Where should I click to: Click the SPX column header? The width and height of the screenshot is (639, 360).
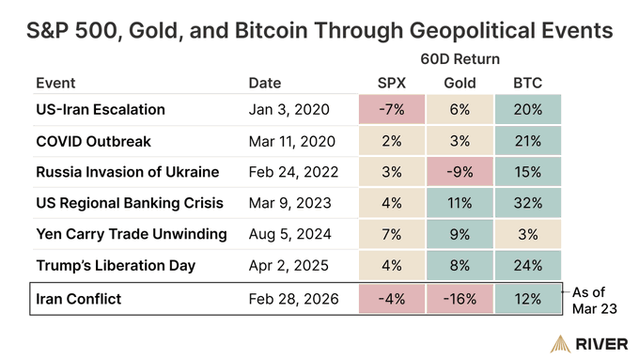[391, 84]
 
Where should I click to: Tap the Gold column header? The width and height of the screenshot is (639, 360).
[460, 84]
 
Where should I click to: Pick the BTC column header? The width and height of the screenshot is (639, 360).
[527, 84]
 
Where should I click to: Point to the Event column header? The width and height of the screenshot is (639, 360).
[55, 84]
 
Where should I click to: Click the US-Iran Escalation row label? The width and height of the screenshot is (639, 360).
[100, 110]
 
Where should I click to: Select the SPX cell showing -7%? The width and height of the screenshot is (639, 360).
[391, 110]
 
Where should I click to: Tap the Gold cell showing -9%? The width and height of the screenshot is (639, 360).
[460, 173]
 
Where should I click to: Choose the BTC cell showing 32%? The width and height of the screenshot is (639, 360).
[527, 204]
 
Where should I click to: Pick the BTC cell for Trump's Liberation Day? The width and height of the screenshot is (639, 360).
[527, 265]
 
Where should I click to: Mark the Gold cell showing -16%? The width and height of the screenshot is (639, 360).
[460, 299]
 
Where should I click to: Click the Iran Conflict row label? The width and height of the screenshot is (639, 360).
[79, 299]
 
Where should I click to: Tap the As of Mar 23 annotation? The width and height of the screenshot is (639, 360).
[595, 299]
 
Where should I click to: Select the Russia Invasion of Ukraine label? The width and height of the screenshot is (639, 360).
[127, 173]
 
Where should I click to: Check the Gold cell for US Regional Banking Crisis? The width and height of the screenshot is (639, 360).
[460, 204]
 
